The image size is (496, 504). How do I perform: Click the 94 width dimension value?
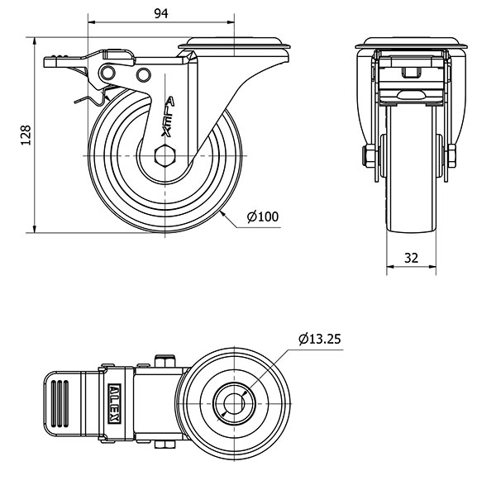(x=161, y=12)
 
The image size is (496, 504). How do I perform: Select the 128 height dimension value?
(x=25, y=135)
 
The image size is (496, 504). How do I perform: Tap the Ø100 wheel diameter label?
(x=263, y=217)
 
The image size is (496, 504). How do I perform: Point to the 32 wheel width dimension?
(x=411, y=257)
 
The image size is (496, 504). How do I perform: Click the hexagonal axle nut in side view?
(x=165, y=155)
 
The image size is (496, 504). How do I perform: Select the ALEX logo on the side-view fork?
(x=169, y=116)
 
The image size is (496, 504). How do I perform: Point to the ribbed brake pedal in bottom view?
(x=64, y=404)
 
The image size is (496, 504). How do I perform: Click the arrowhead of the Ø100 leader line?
(x=223, y=212)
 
